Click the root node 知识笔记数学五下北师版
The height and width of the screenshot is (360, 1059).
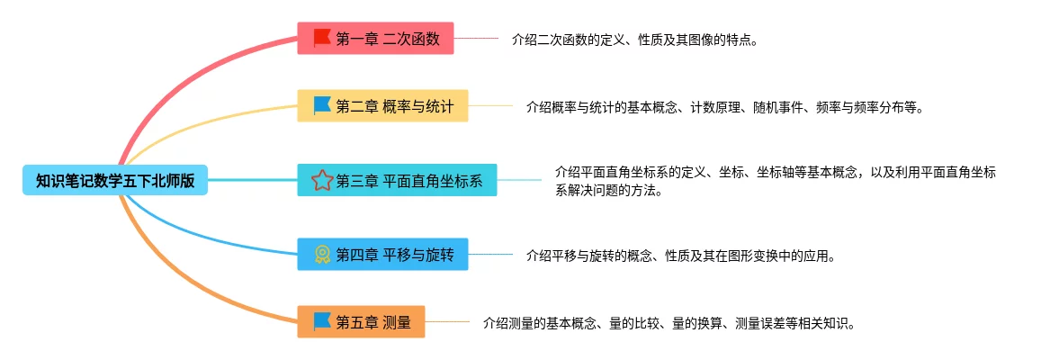click(115, 181)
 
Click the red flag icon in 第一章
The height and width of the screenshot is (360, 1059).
click(321, 38)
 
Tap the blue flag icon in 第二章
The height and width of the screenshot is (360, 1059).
click(321, 105)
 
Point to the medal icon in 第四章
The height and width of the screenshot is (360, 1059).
click(321, 255)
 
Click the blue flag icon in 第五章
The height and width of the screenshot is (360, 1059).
click(321, 320)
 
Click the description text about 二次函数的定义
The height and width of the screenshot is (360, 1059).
click(634, 40)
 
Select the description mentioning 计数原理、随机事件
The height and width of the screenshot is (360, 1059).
click(725, 107)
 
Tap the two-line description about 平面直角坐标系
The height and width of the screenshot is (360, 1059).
click(775, 181)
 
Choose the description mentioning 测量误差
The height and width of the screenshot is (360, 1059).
click(669, 322)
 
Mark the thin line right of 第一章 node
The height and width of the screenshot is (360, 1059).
click(476, 39)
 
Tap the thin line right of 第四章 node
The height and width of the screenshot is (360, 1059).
click(490, 255)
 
